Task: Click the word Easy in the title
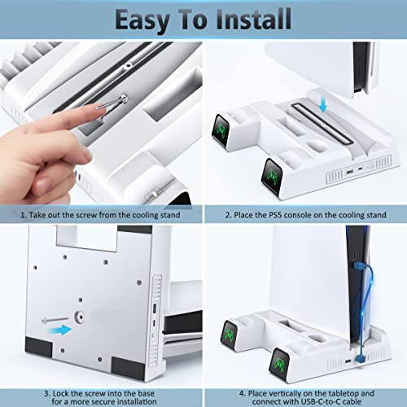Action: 142,20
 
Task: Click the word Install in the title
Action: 254,19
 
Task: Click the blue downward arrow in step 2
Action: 322,105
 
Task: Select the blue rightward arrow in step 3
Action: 59,330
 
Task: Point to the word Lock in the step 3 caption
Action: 61,393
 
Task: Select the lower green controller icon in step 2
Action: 272,176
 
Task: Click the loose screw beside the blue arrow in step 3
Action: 55,320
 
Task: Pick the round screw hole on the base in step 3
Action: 79,317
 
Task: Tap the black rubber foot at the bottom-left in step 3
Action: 38,347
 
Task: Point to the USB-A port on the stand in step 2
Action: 349,172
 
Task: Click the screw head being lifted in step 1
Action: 124,98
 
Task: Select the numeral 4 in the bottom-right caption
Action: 242,393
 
